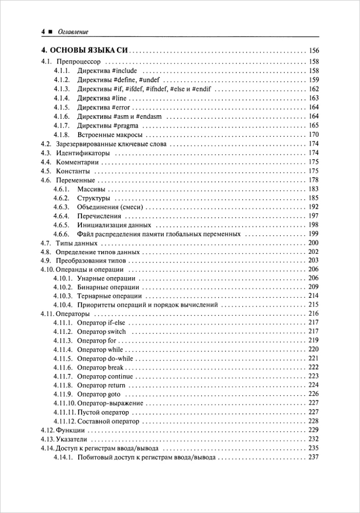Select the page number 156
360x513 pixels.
click(x=313, y=51)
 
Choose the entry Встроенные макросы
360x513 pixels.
click(x=110, y=135)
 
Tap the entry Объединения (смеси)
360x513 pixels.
click(x=110, y=207)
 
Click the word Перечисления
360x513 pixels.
click(x=99, y=216)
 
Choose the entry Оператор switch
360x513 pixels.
click(x=101, y=332)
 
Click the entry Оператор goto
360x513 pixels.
click(x=99, y=394)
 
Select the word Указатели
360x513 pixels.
click(x=71, y=439)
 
